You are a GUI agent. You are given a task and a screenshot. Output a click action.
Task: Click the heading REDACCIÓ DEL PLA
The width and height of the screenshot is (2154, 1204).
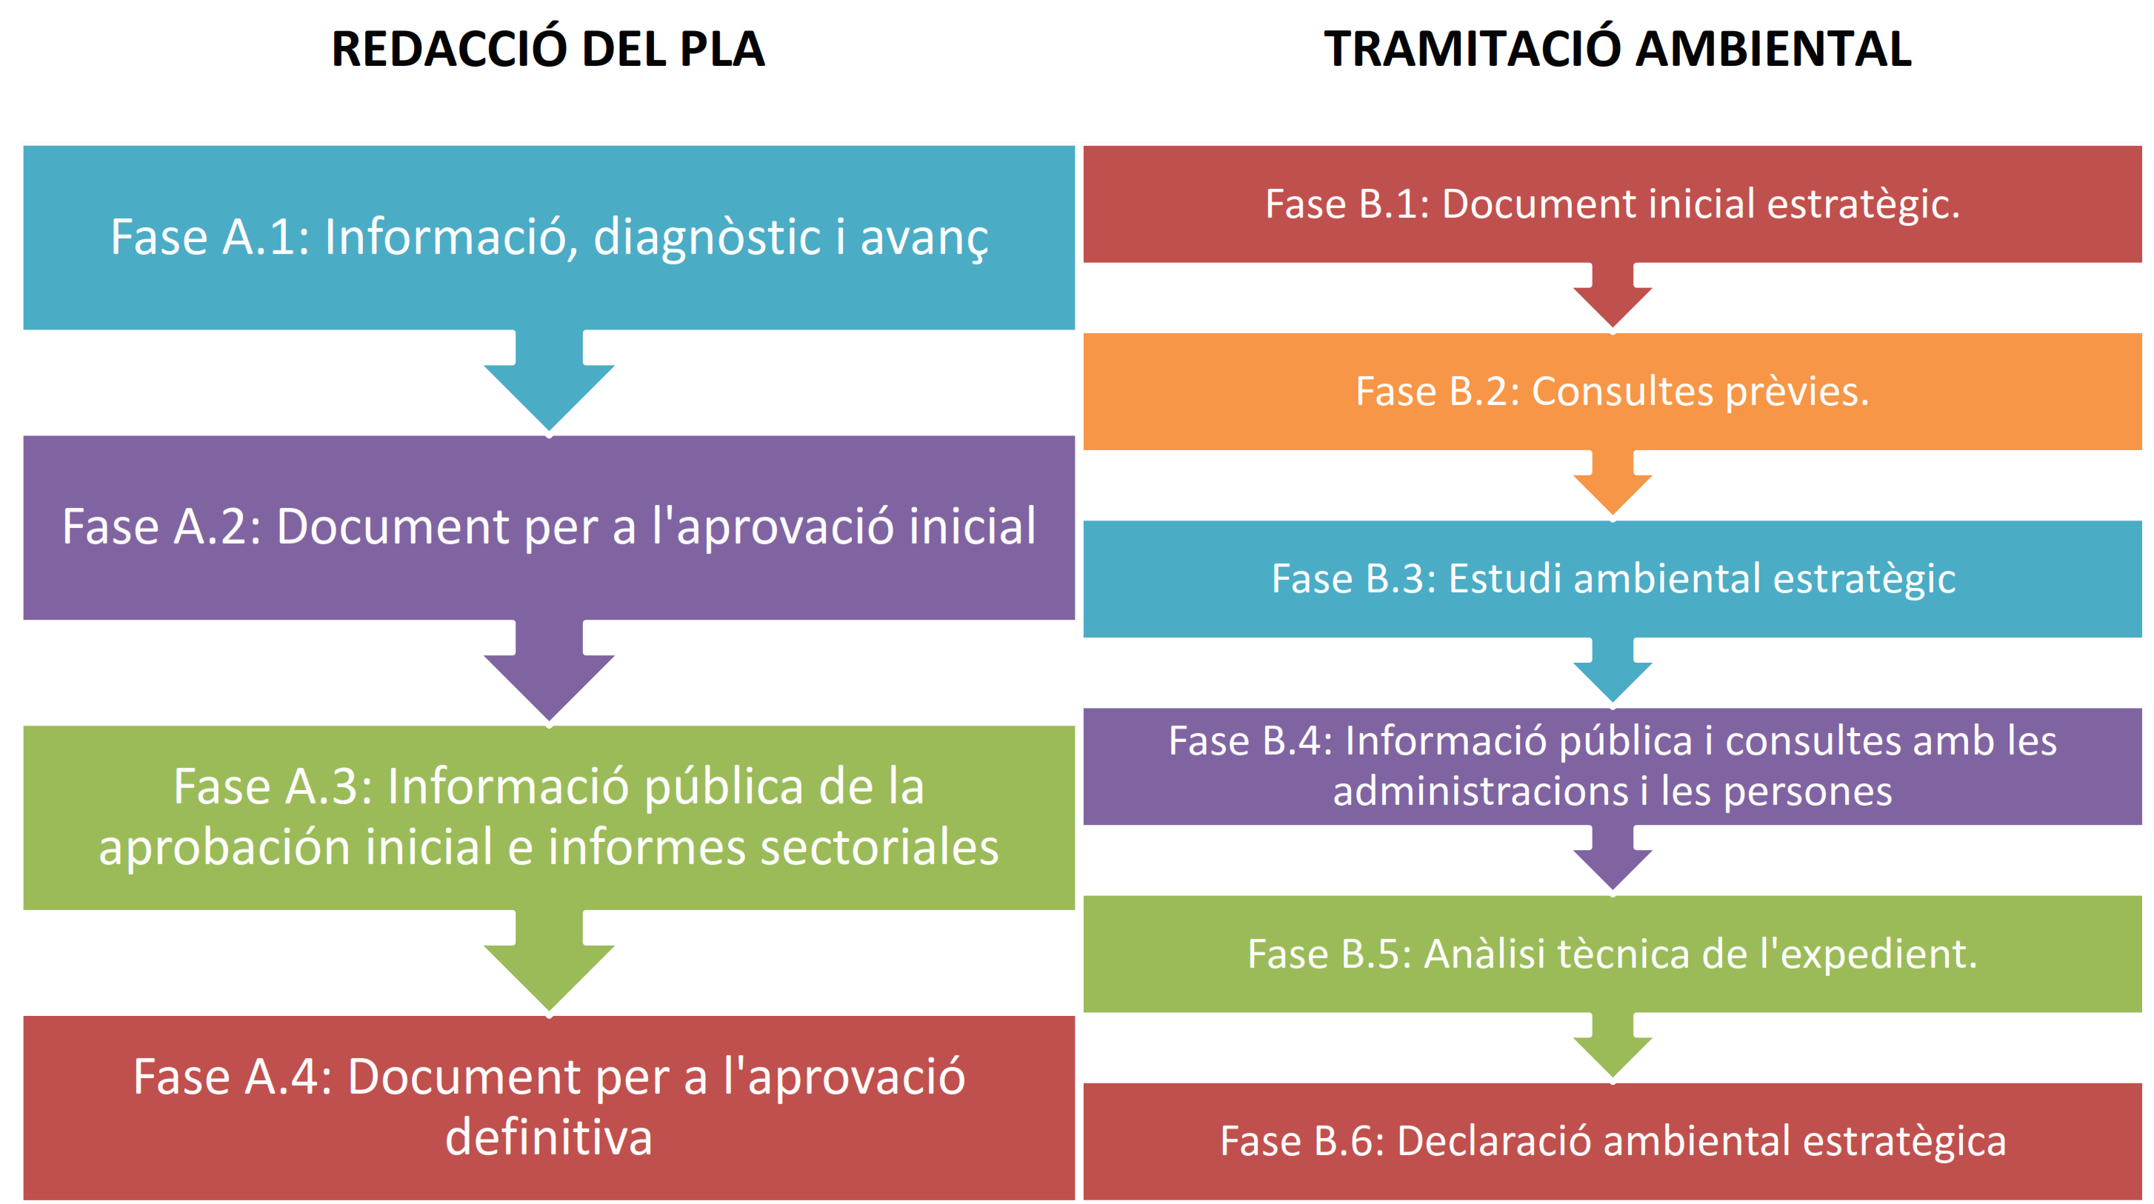[x=547, y=48]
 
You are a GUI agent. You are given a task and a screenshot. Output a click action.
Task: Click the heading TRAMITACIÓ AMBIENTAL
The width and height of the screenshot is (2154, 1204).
[x=1617, y=48]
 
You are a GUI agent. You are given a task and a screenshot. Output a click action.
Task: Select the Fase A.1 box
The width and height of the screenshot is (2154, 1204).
[x=549, y=238]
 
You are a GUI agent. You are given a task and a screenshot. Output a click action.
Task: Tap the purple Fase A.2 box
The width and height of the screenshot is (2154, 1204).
[x=549, y=528]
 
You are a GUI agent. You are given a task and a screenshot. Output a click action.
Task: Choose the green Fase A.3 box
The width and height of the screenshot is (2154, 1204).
[x=549, y=817]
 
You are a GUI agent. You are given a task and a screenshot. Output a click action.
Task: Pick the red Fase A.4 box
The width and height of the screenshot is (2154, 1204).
[x=549, y=1108]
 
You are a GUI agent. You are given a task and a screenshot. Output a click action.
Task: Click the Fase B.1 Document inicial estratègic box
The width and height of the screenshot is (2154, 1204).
[x=1612, y=204]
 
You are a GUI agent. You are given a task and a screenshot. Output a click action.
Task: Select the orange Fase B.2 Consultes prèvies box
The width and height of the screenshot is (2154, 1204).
[x=1612, y=391]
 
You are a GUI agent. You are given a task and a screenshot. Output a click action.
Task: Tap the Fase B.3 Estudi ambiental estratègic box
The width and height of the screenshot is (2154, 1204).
[x=1612, y=578]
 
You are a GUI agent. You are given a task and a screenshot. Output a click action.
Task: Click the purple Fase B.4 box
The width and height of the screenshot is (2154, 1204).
[x=1612, y=766]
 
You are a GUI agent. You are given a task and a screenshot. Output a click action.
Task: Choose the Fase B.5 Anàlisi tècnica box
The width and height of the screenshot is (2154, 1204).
[x=1612, y=954]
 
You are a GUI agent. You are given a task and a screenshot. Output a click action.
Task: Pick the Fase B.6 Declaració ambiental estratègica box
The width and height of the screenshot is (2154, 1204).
[x=1612, y=1141]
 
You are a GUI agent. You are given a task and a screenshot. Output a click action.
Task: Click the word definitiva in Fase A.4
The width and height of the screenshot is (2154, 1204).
[x=549, y=1137]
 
